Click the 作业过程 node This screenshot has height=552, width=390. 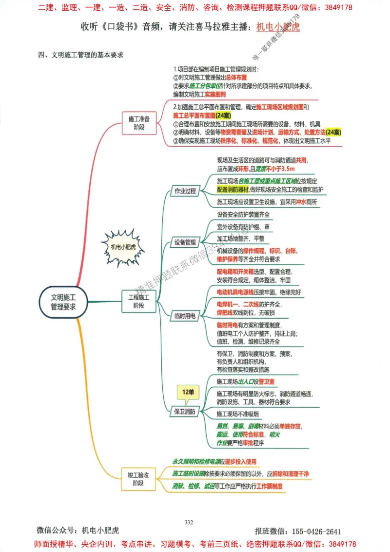[185, 191]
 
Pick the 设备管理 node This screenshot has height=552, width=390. [185, 242]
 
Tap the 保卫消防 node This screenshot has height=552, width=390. [185, 412]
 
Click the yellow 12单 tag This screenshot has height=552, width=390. [188, 392]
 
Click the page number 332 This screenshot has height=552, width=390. [189, 522]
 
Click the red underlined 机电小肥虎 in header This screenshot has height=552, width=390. [278, 26]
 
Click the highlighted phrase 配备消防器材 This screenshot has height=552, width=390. [233, 189]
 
